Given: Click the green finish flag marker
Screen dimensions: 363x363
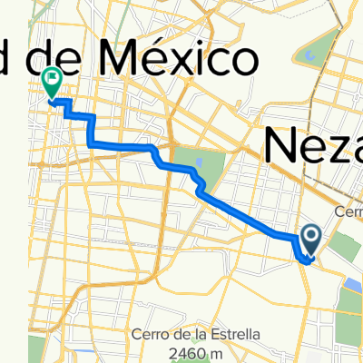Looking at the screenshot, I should (52, 83).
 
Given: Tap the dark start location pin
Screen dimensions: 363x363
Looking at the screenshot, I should (310, 240).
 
